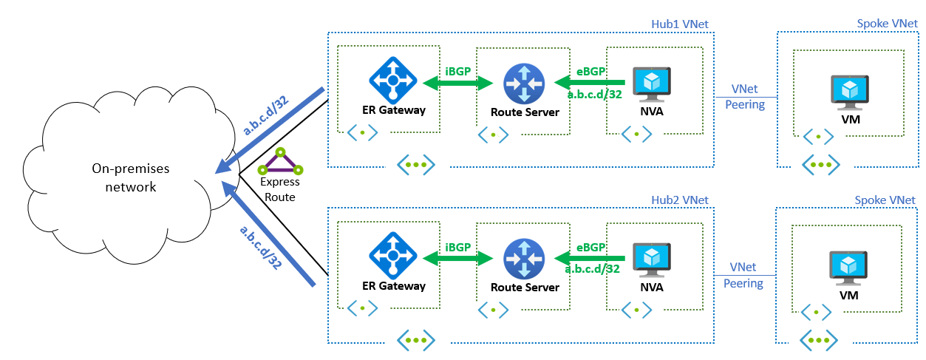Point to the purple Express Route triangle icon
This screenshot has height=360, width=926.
pos(280,161)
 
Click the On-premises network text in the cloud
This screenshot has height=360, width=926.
pos(124,177)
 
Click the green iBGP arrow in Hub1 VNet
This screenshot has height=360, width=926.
pos(457,84)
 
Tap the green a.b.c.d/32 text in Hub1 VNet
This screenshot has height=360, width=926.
pos(593,95)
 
